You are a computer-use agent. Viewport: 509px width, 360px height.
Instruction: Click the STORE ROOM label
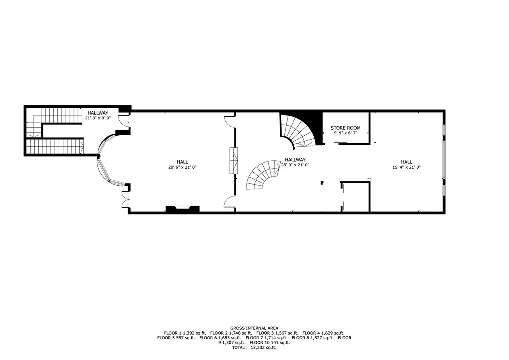tap(346, 128)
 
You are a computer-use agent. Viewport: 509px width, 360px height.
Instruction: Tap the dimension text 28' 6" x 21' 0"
tap(182, 167)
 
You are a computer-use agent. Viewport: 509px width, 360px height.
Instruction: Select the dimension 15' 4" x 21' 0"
tap(406, 167)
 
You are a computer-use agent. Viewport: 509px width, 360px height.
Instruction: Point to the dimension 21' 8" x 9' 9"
tap(98, 118)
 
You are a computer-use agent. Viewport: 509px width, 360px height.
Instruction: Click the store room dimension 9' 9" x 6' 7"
tap(346, 133)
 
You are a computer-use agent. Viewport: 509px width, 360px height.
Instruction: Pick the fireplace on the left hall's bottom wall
tap(183, 209)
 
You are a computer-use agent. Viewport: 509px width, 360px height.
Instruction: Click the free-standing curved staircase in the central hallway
tap(263, 175)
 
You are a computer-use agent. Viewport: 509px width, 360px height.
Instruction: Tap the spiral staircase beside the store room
tap(300, 132)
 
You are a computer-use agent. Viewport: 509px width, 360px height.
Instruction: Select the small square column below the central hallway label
tap(322, 183)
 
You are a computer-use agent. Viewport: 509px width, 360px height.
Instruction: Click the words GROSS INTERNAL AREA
tap(254, 328)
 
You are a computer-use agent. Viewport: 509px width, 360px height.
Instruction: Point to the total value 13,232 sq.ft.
tap(263, 348)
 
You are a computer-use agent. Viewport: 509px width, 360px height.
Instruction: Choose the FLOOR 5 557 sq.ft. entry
tap(176, 338)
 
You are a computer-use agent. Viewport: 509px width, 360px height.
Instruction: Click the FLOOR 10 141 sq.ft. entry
tap(270, 342)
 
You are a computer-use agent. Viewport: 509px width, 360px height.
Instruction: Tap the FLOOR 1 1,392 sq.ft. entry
tap(185, 333)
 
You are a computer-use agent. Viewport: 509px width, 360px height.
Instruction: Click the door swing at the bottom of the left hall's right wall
tap(229, 201)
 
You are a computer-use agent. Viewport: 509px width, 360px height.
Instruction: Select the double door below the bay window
tap(126, 199)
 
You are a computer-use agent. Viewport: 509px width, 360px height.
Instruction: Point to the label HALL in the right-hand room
tap(406, 162)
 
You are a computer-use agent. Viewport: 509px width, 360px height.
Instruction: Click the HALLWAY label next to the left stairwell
tap(98, 113)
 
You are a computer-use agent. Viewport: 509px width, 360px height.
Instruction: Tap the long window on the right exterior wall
tap(444, 160)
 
